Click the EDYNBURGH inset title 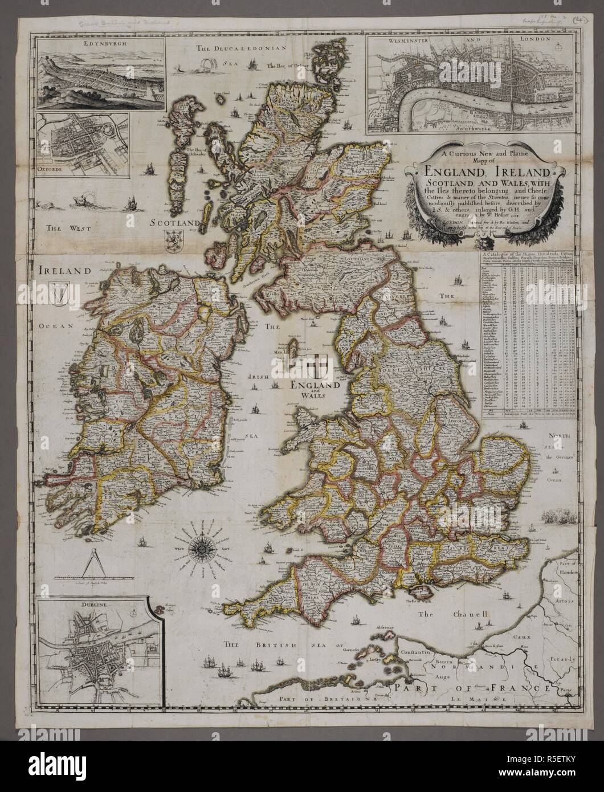coord(100,43)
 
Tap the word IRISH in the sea coord(259,377)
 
